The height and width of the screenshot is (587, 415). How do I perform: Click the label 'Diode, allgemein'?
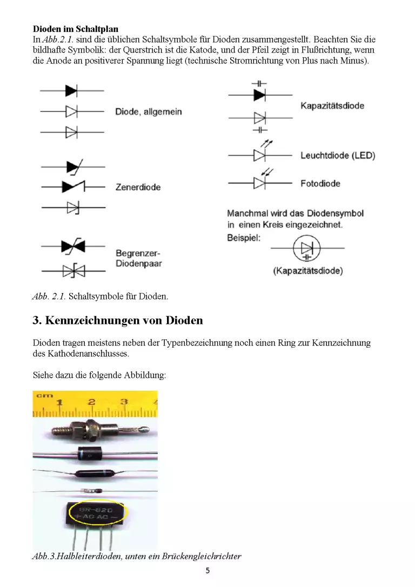[x=149, y=111]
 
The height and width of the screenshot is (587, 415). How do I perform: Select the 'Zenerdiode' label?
[x=138, y=187]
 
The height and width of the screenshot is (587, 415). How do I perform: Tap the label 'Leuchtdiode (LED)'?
[x=338, y=155]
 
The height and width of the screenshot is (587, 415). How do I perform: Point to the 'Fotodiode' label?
[x=320, y=183]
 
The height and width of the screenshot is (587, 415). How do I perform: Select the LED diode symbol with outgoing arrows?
[x=260, y=152]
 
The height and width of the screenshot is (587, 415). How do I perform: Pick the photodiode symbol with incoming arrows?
[x=260, y=180]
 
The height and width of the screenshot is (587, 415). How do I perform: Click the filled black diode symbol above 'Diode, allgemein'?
[x=71, y=91]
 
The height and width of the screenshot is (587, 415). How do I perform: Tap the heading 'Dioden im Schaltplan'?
[x=76, y=29]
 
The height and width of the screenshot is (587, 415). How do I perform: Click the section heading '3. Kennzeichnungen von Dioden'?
[x=118, y=321]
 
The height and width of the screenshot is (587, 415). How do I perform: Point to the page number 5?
[x=207, y=571]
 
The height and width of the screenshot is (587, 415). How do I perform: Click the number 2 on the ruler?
[x=92, y=402]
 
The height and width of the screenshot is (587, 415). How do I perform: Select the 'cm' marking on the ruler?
[x=44, y=395]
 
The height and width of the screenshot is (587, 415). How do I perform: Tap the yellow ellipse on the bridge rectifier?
[x=97, y=512]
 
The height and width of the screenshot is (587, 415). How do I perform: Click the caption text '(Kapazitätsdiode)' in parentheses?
[x=308, y=271]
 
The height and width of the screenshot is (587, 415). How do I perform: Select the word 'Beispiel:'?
[x=244, y=238]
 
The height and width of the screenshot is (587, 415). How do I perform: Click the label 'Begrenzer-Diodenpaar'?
[x=139, y=258]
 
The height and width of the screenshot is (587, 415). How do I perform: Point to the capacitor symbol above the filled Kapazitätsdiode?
[x=259, y=84]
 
